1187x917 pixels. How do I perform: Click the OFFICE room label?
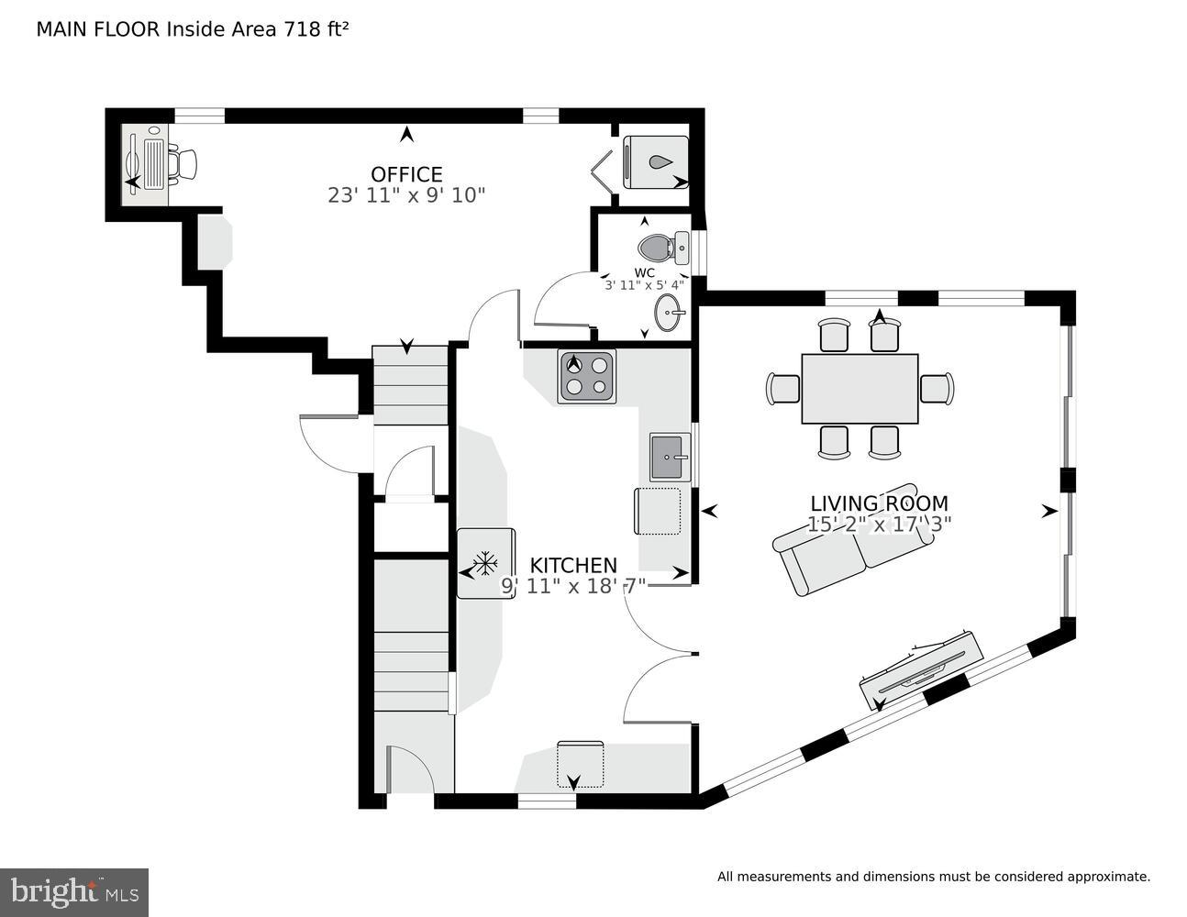[406, 174]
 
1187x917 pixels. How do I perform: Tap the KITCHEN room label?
[573, 566]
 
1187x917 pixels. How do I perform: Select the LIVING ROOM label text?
[879, 503]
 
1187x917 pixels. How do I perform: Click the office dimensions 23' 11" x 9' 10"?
[406, 195]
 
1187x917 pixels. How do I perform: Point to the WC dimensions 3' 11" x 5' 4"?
[644, 285]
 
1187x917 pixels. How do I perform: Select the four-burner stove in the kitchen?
[587, 376]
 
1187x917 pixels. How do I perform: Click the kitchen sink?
[671, 457]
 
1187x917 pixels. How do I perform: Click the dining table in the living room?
[860, 389]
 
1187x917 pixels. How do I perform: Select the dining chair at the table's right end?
[937, 388]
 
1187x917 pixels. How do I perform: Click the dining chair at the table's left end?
[782, 388]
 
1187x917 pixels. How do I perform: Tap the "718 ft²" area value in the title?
[314, 29]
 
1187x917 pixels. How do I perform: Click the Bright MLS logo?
[73, 892]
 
